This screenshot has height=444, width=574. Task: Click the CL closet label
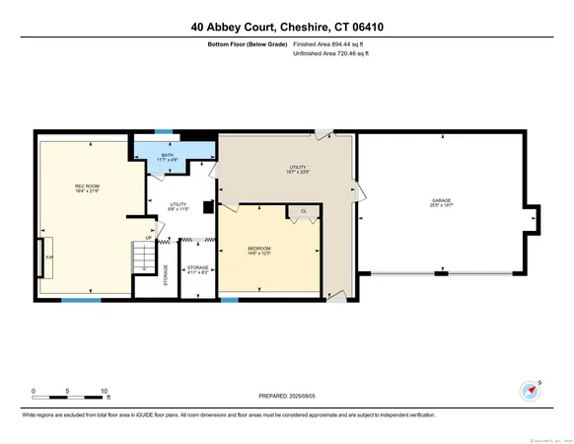(x=304, y=211)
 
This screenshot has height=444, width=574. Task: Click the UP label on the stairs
(x=148, y=238)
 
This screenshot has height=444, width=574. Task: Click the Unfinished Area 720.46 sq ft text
(x=336, y=55)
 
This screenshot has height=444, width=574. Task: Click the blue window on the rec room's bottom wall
(x=81, y=299)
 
